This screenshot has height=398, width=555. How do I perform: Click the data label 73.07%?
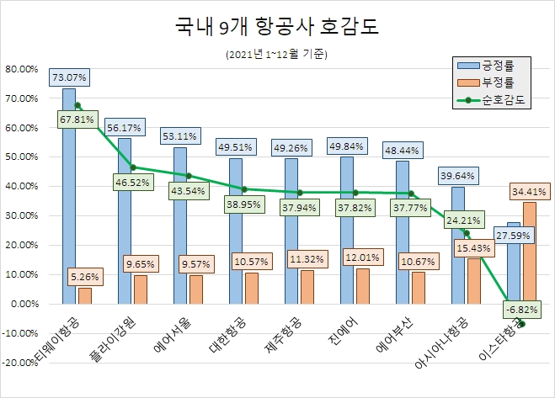(69, 77)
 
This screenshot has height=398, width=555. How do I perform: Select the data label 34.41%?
(528, 191)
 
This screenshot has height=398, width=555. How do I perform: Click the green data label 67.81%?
(77, 119)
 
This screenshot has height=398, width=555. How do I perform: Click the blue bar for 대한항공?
(235, 231)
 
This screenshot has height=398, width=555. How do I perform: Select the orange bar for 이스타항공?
(529, 252)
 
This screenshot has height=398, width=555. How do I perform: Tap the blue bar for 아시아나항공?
(458, 244)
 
